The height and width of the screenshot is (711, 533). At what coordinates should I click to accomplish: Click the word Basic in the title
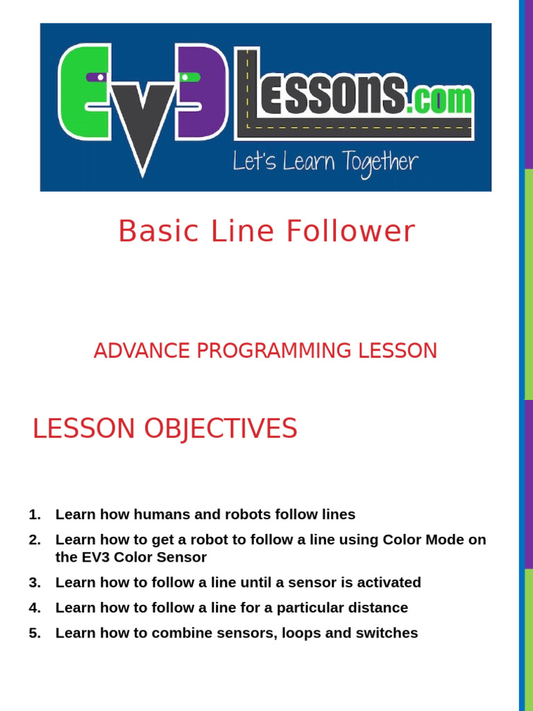[159, 231]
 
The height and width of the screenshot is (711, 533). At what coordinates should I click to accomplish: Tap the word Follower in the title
[350, 231]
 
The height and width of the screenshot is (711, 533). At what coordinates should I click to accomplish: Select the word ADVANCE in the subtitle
[142, 351]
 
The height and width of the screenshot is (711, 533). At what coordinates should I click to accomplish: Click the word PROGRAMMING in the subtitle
[274, 351]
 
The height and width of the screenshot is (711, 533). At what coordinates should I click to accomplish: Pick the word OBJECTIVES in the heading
[220, 429]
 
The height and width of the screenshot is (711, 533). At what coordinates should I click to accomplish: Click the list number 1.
[35, 515]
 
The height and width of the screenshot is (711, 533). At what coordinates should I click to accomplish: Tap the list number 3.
[35, 583]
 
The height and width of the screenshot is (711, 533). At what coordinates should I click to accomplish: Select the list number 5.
[35, 633]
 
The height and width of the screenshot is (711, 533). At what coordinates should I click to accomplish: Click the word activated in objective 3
[389, 583]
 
